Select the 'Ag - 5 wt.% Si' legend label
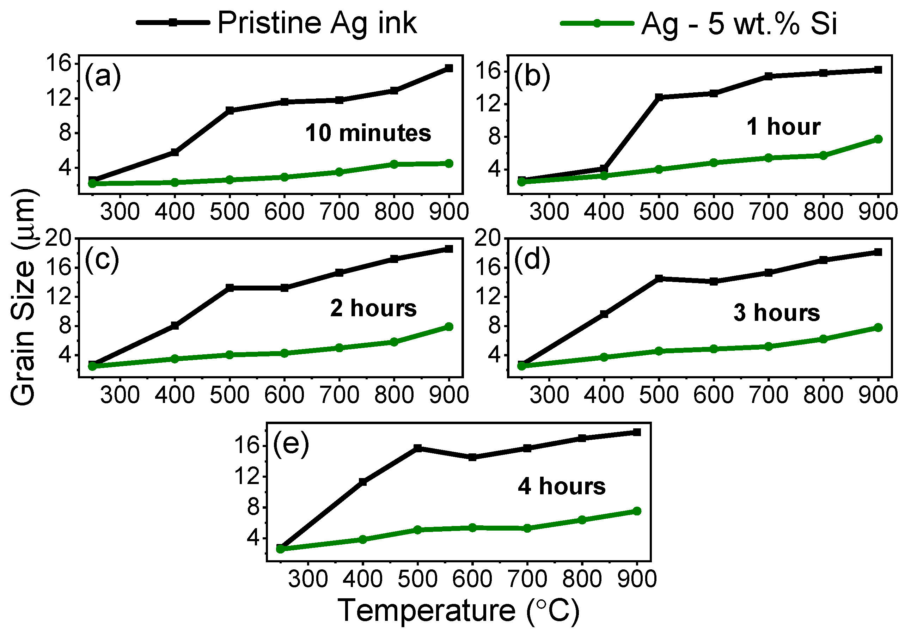pos(739,24)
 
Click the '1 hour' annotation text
pos(783,127)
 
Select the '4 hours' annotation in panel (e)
pos(561,486)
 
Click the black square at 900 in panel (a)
pos(448,68)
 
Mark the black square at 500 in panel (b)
pos(659,97)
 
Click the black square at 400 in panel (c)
pos(175,325)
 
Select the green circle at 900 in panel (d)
pos(878,328)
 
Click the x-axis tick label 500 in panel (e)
pos(417,579)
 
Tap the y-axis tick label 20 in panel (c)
pos(58,238)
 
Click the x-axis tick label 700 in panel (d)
pos(768,395)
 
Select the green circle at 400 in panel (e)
pos(363,539)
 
